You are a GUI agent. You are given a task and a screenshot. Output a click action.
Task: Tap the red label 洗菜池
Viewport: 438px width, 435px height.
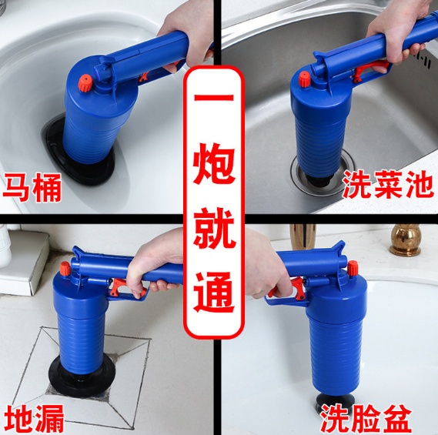click(x=388, y=184)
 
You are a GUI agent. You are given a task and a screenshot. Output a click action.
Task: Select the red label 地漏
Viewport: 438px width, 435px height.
click(x=35, y=418)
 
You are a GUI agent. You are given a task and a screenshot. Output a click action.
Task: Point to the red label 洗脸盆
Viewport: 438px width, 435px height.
click(x=366, y=419)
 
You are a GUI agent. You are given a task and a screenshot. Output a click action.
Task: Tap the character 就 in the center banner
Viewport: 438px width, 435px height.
click(x=214, y=228)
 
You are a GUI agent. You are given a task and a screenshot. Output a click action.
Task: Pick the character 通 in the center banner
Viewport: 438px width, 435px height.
click(x=214, y=292)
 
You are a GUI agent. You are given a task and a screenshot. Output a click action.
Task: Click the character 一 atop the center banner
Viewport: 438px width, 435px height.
click(x=214, y=99)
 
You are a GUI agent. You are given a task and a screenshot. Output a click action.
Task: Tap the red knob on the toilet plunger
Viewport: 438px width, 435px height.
click(x=85, y=83)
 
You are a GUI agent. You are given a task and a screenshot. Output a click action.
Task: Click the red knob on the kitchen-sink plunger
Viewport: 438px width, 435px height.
click(x=305, y=79)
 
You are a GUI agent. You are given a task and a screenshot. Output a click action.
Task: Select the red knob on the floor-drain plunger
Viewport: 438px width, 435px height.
click(x=65, y=269)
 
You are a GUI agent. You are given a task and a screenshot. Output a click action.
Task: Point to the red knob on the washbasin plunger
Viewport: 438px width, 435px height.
click(x=353, y=268)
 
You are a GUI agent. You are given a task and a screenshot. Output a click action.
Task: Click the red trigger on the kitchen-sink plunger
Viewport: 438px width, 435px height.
click(x=369, y=70)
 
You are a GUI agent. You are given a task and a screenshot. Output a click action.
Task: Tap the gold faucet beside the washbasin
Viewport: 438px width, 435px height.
click(x=406, y=239)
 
